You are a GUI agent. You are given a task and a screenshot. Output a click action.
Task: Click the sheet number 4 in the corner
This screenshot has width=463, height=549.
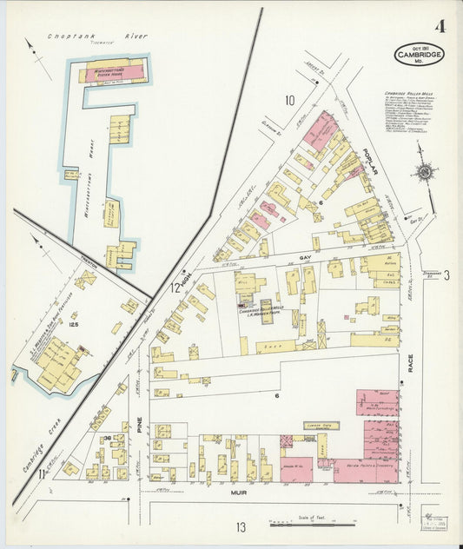pos(440,25)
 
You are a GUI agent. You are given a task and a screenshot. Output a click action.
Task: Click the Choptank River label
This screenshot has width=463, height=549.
pos(97,36)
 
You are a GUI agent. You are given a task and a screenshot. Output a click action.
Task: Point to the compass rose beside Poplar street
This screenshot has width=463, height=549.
pos(424,172)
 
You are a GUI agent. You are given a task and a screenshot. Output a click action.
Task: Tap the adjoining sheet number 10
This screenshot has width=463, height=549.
pos(289,100)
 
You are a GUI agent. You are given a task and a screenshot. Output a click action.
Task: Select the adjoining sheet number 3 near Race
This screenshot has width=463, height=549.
pos(446,276)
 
